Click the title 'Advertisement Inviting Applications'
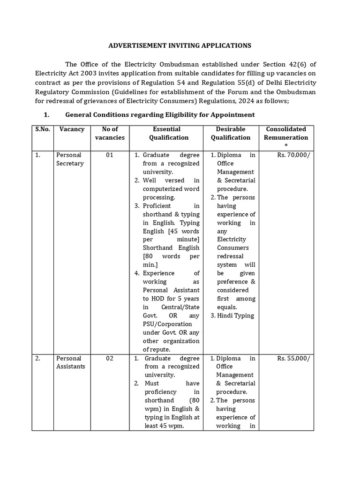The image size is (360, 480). tap(180, 45)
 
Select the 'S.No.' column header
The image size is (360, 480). tap(43, 129)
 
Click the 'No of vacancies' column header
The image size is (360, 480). tap(110, 133)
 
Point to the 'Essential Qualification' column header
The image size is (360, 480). tap(169, 133)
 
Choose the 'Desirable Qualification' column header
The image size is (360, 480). tap(230, 133)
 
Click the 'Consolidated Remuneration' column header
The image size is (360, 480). tap(286, 133)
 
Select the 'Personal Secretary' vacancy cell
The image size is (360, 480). tap(70, 159)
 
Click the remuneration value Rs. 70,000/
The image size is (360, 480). tap(293, 155)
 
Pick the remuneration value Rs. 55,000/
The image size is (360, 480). tap(293, 358)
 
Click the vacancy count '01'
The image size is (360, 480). tap(110, 155)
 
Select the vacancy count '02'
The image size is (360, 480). tap(110, 358)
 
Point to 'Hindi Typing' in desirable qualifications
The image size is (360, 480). tap(235, 315)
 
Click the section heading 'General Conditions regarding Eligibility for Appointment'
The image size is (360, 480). tap(160, 114)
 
